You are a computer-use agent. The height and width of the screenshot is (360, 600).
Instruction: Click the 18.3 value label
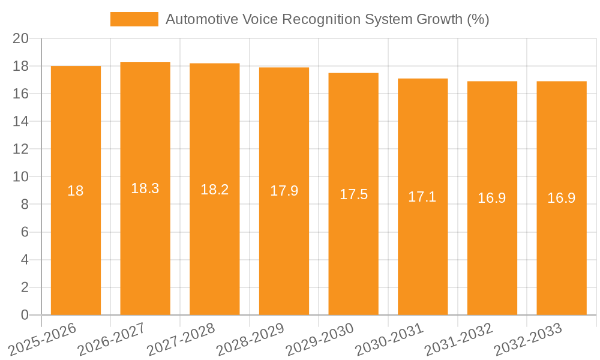145,188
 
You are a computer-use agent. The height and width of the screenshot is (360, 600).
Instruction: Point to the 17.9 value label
284,191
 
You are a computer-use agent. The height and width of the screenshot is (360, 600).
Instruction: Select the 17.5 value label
353,194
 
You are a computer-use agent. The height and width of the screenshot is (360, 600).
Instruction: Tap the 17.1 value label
422,196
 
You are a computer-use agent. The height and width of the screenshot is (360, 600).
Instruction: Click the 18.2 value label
214,190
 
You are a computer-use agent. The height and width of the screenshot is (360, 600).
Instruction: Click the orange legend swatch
134,19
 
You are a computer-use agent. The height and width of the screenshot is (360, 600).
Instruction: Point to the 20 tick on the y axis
21,38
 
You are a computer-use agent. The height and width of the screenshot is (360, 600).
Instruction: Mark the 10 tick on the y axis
21,177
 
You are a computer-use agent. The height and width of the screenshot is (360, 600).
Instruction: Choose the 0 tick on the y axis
25,315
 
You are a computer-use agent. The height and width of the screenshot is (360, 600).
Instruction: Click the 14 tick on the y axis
21,122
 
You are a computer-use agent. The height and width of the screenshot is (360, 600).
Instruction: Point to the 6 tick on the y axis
25,232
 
